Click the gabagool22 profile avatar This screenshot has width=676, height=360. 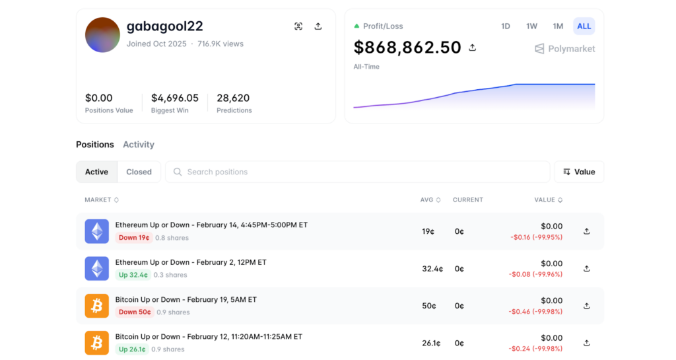tap(102, 35)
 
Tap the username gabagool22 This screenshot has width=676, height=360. tap(164, 26)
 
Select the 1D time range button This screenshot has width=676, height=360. tap(506, 26)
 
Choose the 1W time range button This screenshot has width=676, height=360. tap(531, 26)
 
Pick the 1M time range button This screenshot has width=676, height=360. tap(558, 26)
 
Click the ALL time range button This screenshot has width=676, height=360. tap(584, 26)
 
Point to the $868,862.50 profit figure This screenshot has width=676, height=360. tap(407, 48)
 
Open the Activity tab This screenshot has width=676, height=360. tap(139, 145)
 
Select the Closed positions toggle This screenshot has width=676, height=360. tap(139, 172)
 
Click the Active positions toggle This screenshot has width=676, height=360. tap(96, 172)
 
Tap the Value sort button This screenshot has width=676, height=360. tap(579, 172)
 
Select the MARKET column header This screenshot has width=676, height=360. tap(102, 199)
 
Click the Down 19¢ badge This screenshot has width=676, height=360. tap(133, 238)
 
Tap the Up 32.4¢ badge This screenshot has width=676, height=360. tap(133, 275)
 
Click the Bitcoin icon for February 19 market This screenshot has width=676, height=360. tap(97, 306)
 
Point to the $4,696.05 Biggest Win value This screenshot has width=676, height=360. tap(175, 98)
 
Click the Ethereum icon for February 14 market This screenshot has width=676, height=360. tap(97, 231)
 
